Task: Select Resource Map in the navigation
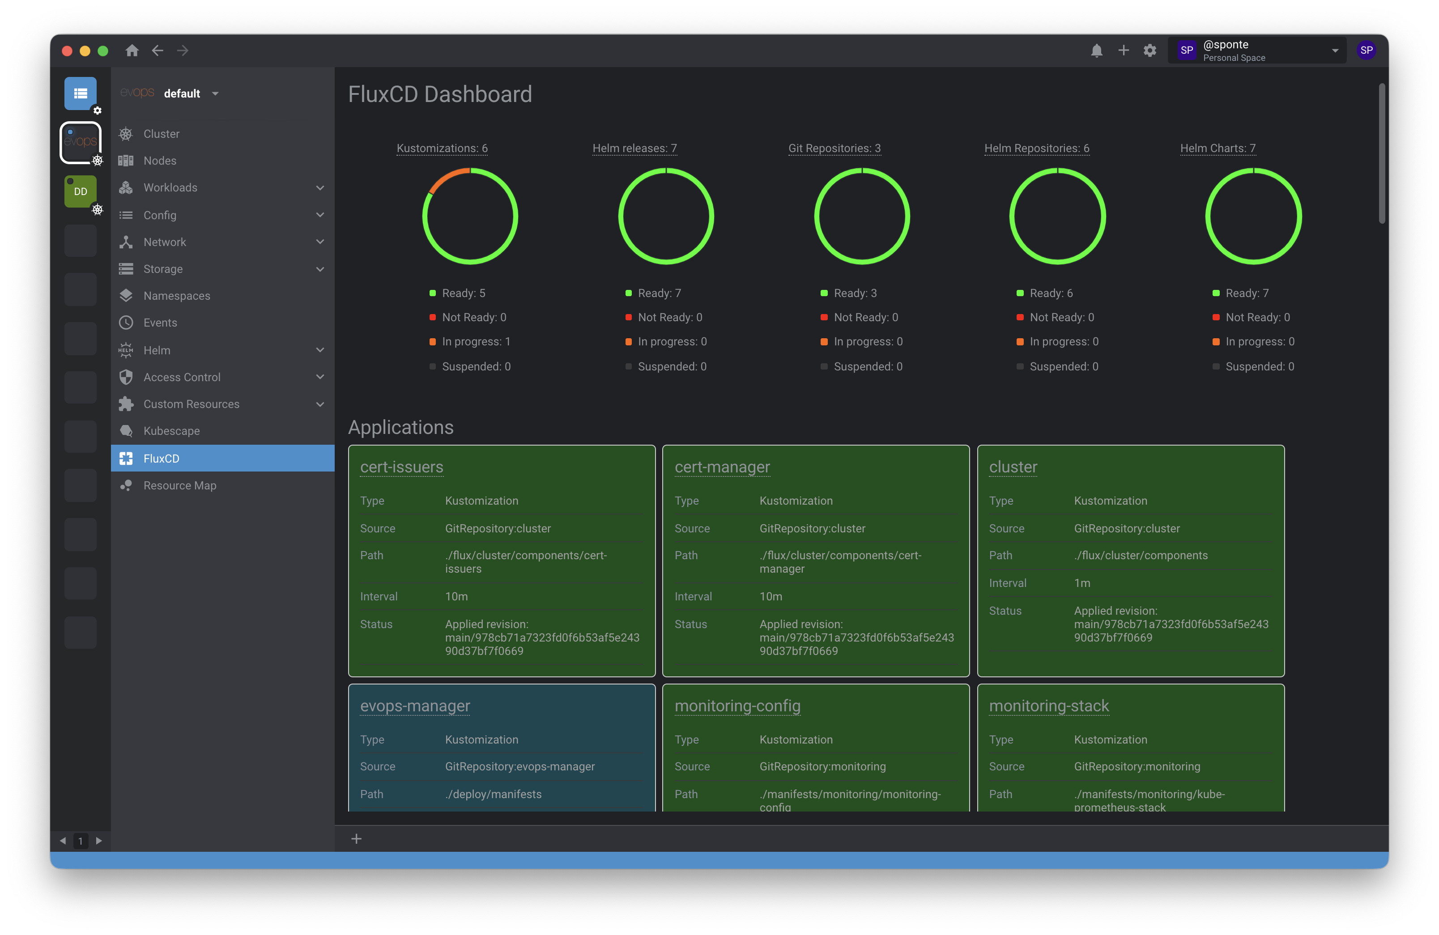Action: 179,485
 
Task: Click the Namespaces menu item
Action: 177,296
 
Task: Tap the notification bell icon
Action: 1096,51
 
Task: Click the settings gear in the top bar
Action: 1149,51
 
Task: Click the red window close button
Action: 67,51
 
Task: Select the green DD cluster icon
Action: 81,191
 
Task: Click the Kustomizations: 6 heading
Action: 442,148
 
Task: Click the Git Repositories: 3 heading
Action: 834,148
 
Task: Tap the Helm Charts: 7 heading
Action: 1218,148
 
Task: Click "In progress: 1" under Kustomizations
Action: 476,341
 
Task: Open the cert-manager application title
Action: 722,467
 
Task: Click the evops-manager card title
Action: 415,706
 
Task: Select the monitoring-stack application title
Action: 1048,706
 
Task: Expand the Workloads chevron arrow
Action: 320,188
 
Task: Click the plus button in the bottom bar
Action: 356,839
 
